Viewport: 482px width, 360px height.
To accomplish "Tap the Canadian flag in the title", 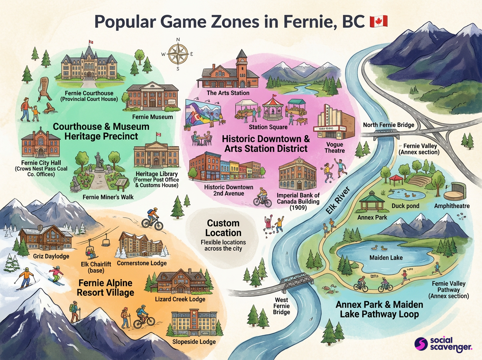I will pyautogui.click(x=378, y=22).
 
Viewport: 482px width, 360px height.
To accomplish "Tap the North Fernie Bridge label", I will pyautogui.click(x=388, y=125).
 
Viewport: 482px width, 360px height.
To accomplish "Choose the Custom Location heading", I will pyautogui.click(x=223, y=228).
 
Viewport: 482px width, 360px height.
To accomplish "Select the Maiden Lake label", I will pyautogui.click(x=386, y=257).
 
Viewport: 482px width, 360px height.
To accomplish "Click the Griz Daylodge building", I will pyautogui.click(x=45, y=237).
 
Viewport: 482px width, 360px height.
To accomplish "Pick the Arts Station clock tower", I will pyautogui.click(x=242, y=68).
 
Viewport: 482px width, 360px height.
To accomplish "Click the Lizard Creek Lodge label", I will pyautogui.click(x=180, y=299).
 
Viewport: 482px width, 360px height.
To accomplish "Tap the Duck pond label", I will pyautogui.click(x=405, y=206).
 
